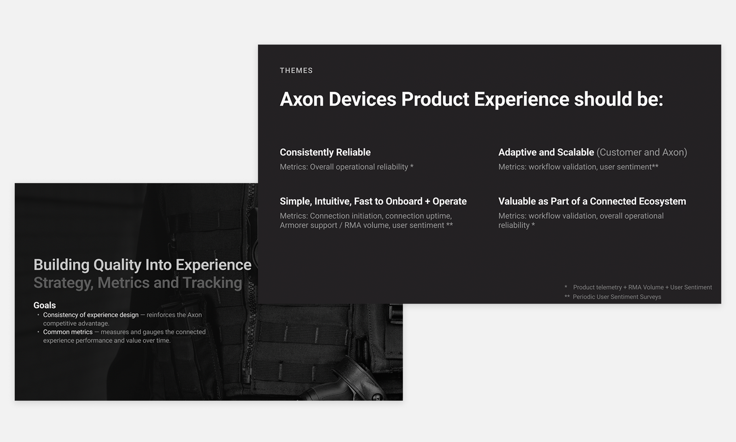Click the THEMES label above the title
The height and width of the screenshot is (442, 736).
[296, 70]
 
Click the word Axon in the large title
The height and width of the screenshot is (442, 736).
[302, 99]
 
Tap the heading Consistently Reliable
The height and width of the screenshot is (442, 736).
[325, 152]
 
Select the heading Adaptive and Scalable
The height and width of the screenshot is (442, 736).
[546, 152]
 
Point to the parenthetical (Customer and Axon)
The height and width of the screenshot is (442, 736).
[642, 152]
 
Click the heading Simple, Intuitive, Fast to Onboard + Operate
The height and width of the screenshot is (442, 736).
[373, 201]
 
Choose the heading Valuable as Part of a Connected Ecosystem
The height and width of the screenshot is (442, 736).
[592, 201]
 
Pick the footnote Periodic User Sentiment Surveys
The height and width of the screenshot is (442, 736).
[617, 297]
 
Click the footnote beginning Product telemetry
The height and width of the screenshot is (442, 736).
[643, 287]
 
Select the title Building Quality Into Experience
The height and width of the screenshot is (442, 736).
[142, 265]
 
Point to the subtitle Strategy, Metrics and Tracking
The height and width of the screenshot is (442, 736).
[138, 283]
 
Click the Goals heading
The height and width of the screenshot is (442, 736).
[45, 305]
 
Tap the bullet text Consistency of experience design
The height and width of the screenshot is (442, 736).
[91, 315]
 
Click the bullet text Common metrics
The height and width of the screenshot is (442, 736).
[68, 332]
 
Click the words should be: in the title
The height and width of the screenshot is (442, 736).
[619, 99]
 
